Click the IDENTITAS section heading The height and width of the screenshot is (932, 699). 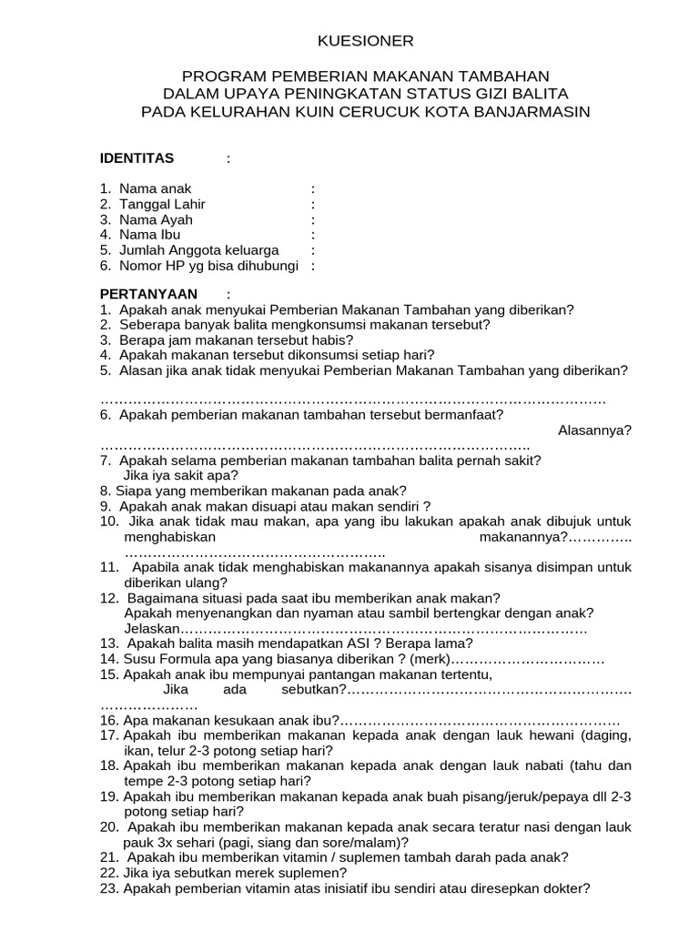(137, 158)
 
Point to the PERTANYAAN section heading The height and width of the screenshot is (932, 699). (147, 294)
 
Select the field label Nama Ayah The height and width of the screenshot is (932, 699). (162, 219)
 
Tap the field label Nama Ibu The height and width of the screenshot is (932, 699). (157, 235)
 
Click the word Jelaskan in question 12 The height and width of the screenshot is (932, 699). (152, 628)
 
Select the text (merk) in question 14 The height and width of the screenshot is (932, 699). (430, 659)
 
